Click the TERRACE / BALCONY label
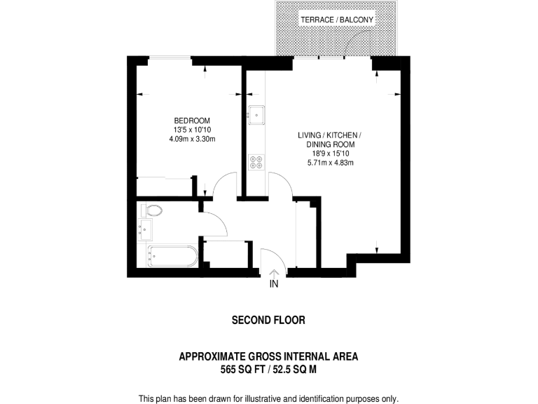click(x=337, y=20)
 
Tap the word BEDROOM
click(x=192, y=121)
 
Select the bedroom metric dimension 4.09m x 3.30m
click(x=192, y=139)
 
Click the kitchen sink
click(x=256, y=113)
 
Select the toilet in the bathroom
click(x=152, y=210)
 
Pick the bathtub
click(x=172, y=256)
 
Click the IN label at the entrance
click(x=274, y=284)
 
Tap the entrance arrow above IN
click(x=274, y=273)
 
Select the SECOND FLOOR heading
click(x=268, y=321)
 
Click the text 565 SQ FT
click(x=241, y=368)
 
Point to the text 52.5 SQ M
click(x=293, y=368)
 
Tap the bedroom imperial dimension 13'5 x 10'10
click(x=192, y=130)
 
